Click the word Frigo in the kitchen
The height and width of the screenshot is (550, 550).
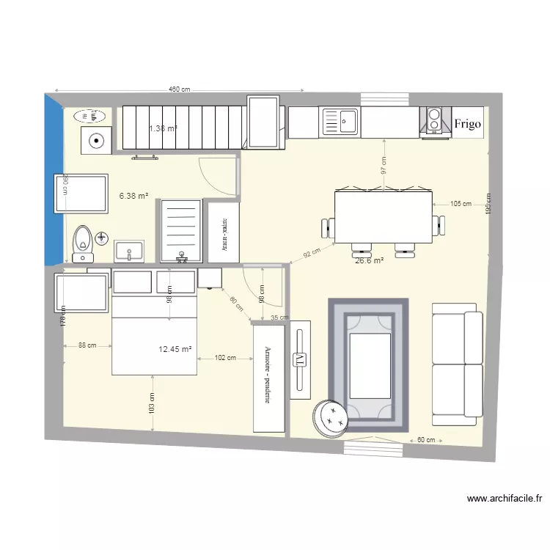pos(467,124)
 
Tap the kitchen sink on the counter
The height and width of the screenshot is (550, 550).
pos(340,122)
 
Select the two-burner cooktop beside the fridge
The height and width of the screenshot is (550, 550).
pos(434,121)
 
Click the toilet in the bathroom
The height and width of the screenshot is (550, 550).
pos(83,242)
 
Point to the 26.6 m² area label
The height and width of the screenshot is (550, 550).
pos(369,260)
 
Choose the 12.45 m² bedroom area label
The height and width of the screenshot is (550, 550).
pos(175,350)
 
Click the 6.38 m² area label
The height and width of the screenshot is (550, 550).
pos(133,196)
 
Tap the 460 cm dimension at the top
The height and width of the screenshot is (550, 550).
pos(179,89)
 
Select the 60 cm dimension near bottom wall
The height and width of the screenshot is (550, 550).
pos(426,440)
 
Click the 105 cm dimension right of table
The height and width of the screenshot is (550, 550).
pos(461,204)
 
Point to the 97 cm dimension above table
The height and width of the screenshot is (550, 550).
pos(383,166)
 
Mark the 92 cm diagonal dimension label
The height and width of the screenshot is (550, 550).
pos(312,253)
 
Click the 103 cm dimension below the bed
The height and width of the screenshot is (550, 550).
pos(152,403)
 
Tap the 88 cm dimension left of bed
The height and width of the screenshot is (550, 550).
pos(87,346)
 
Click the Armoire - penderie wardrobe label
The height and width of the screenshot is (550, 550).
pos(268,375)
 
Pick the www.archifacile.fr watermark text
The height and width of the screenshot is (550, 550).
pos(505,499)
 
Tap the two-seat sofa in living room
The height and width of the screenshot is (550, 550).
pos(457,364)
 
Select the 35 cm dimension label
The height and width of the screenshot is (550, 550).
pos(279,318)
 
